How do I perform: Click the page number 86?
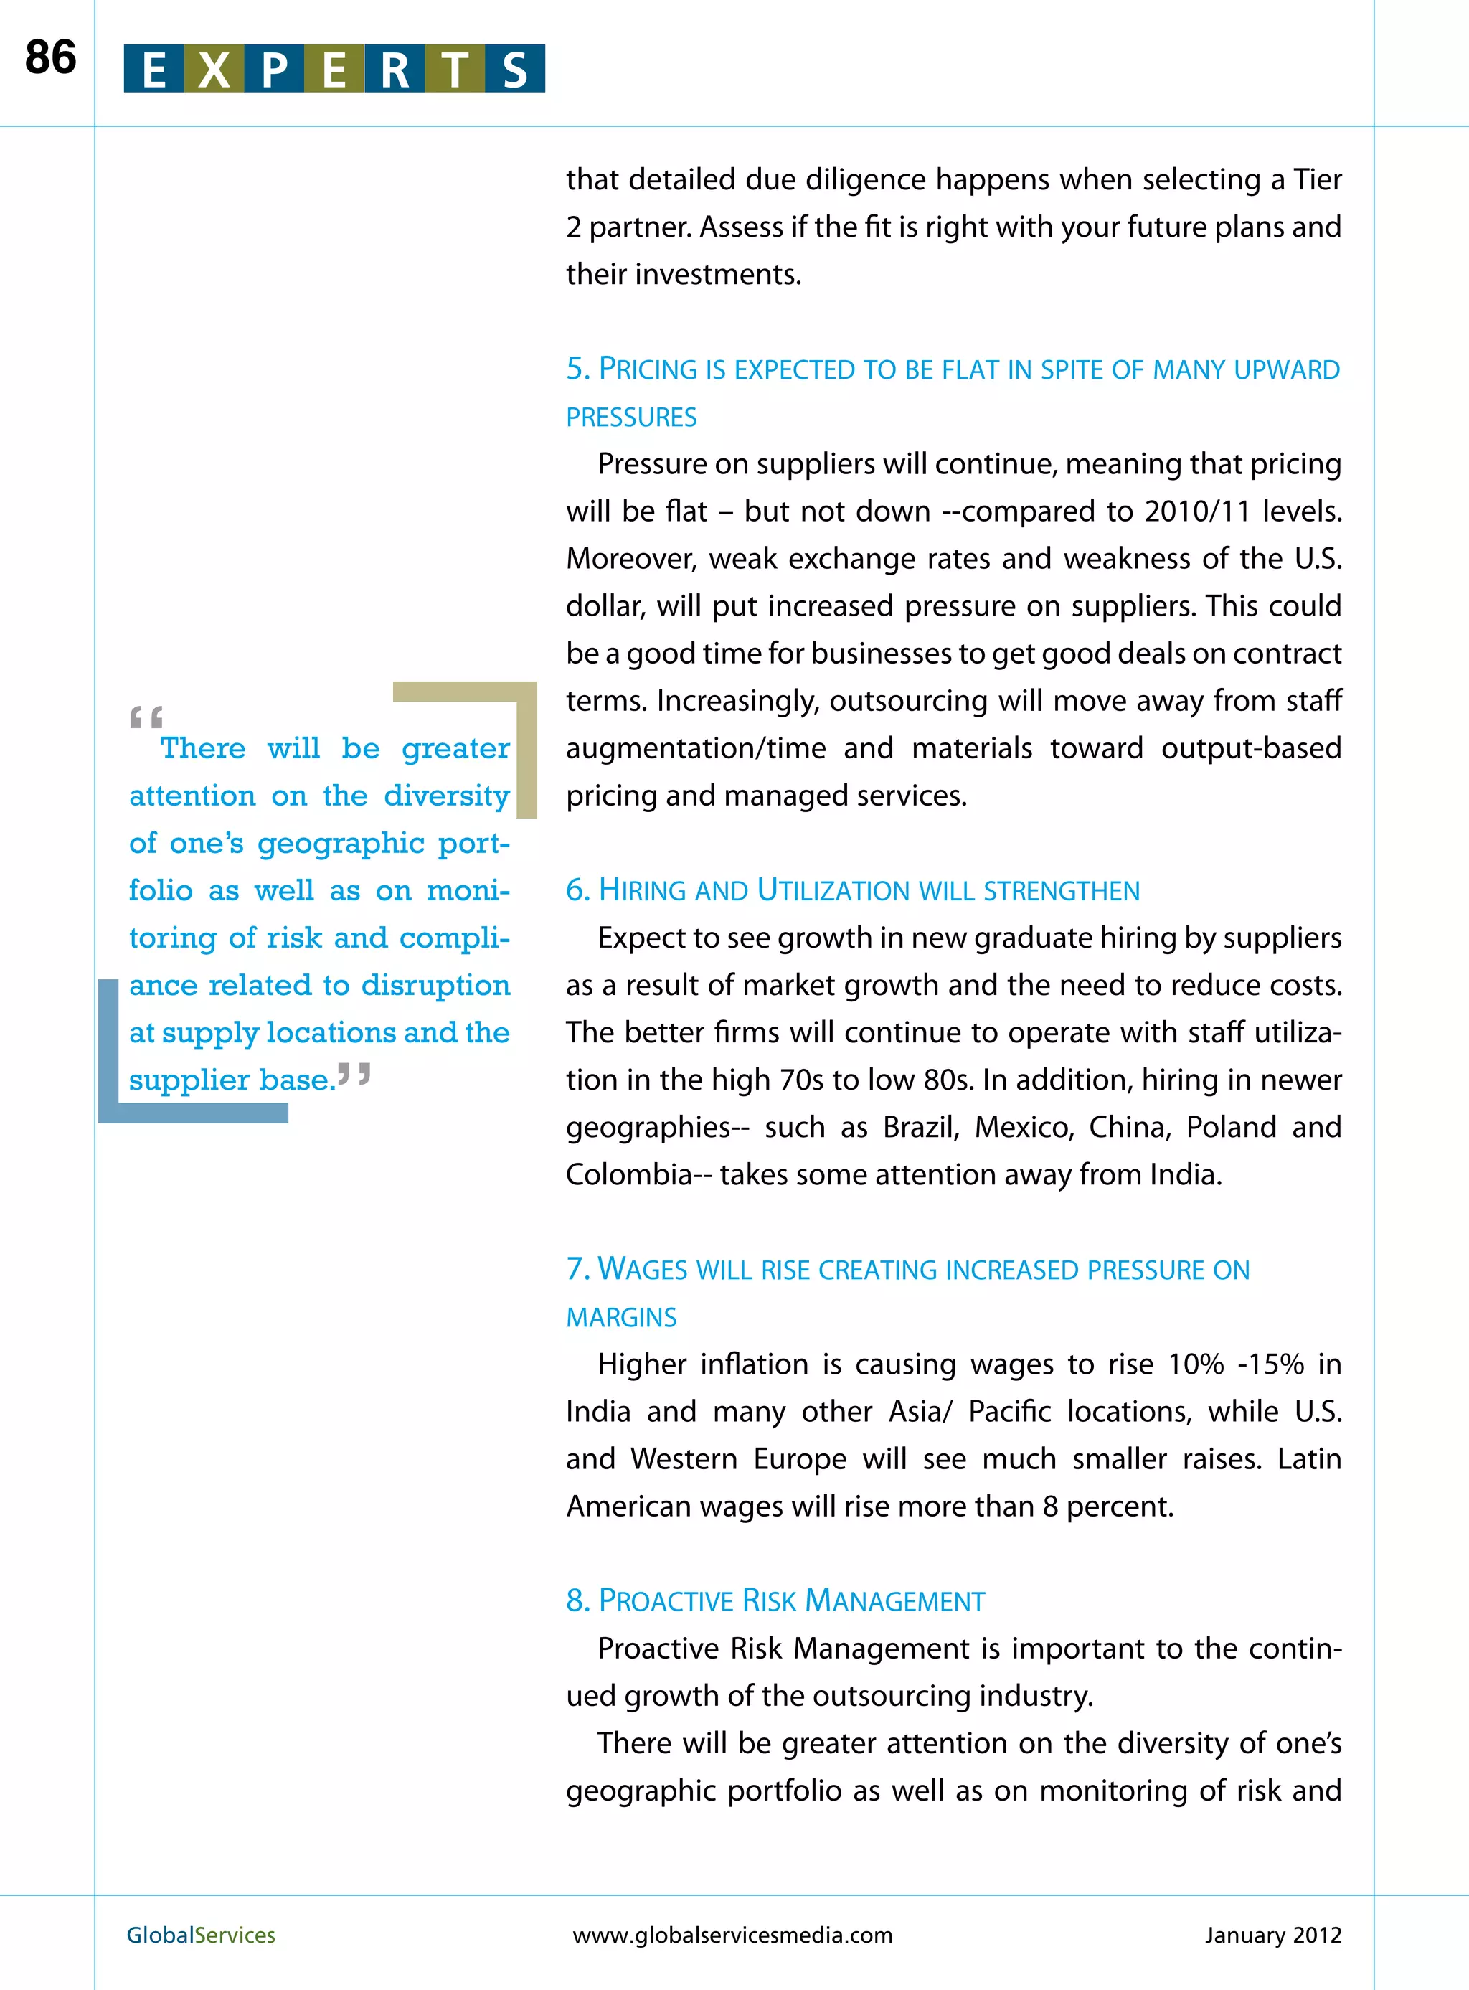51,58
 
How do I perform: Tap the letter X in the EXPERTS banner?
214,70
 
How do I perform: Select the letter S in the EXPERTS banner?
515,70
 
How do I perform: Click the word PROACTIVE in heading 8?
665,1601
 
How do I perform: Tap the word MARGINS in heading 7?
622,1317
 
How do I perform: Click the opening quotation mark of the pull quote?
146,717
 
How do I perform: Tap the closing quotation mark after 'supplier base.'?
354,1075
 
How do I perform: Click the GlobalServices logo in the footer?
201,1935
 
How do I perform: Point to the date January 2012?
1272,1935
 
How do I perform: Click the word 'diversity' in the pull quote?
446,796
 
